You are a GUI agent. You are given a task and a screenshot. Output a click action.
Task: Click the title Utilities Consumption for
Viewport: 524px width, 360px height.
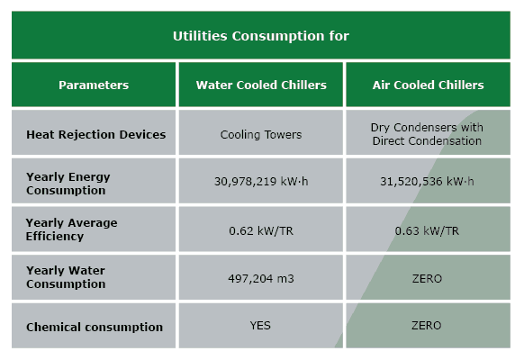[x=261, y=37]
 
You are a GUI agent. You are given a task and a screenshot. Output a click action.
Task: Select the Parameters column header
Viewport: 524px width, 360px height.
[x=94, y=85]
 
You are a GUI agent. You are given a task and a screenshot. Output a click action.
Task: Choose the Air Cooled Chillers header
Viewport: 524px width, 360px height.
[x=428, y=85]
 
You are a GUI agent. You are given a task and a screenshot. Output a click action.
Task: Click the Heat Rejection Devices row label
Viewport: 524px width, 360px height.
[x=96, y=134]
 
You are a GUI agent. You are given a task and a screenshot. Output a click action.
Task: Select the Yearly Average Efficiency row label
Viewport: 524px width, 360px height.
[x=71, y=229]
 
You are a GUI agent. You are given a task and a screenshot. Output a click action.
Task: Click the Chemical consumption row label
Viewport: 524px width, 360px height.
[x=95, y=327]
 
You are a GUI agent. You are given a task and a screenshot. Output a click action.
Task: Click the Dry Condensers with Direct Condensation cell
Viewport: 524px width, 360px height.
[x=427, y=134]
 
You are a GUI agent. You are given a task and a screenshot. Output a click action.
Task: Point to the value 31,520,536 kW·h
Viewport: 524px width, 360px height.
[x=427, y=183]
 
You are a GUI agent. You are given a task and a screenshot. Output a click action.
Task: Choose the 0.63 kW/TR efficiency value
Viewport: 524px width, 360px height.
[x=427, y=230]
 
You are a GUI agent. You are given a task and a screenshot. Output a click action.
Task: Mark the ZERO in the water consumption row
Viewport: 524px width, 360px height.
[x=427, y=278]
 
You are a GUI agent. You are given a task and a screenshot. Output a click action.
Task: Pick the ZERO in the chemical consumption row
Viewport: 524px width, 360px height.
[x=427, y=327]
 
